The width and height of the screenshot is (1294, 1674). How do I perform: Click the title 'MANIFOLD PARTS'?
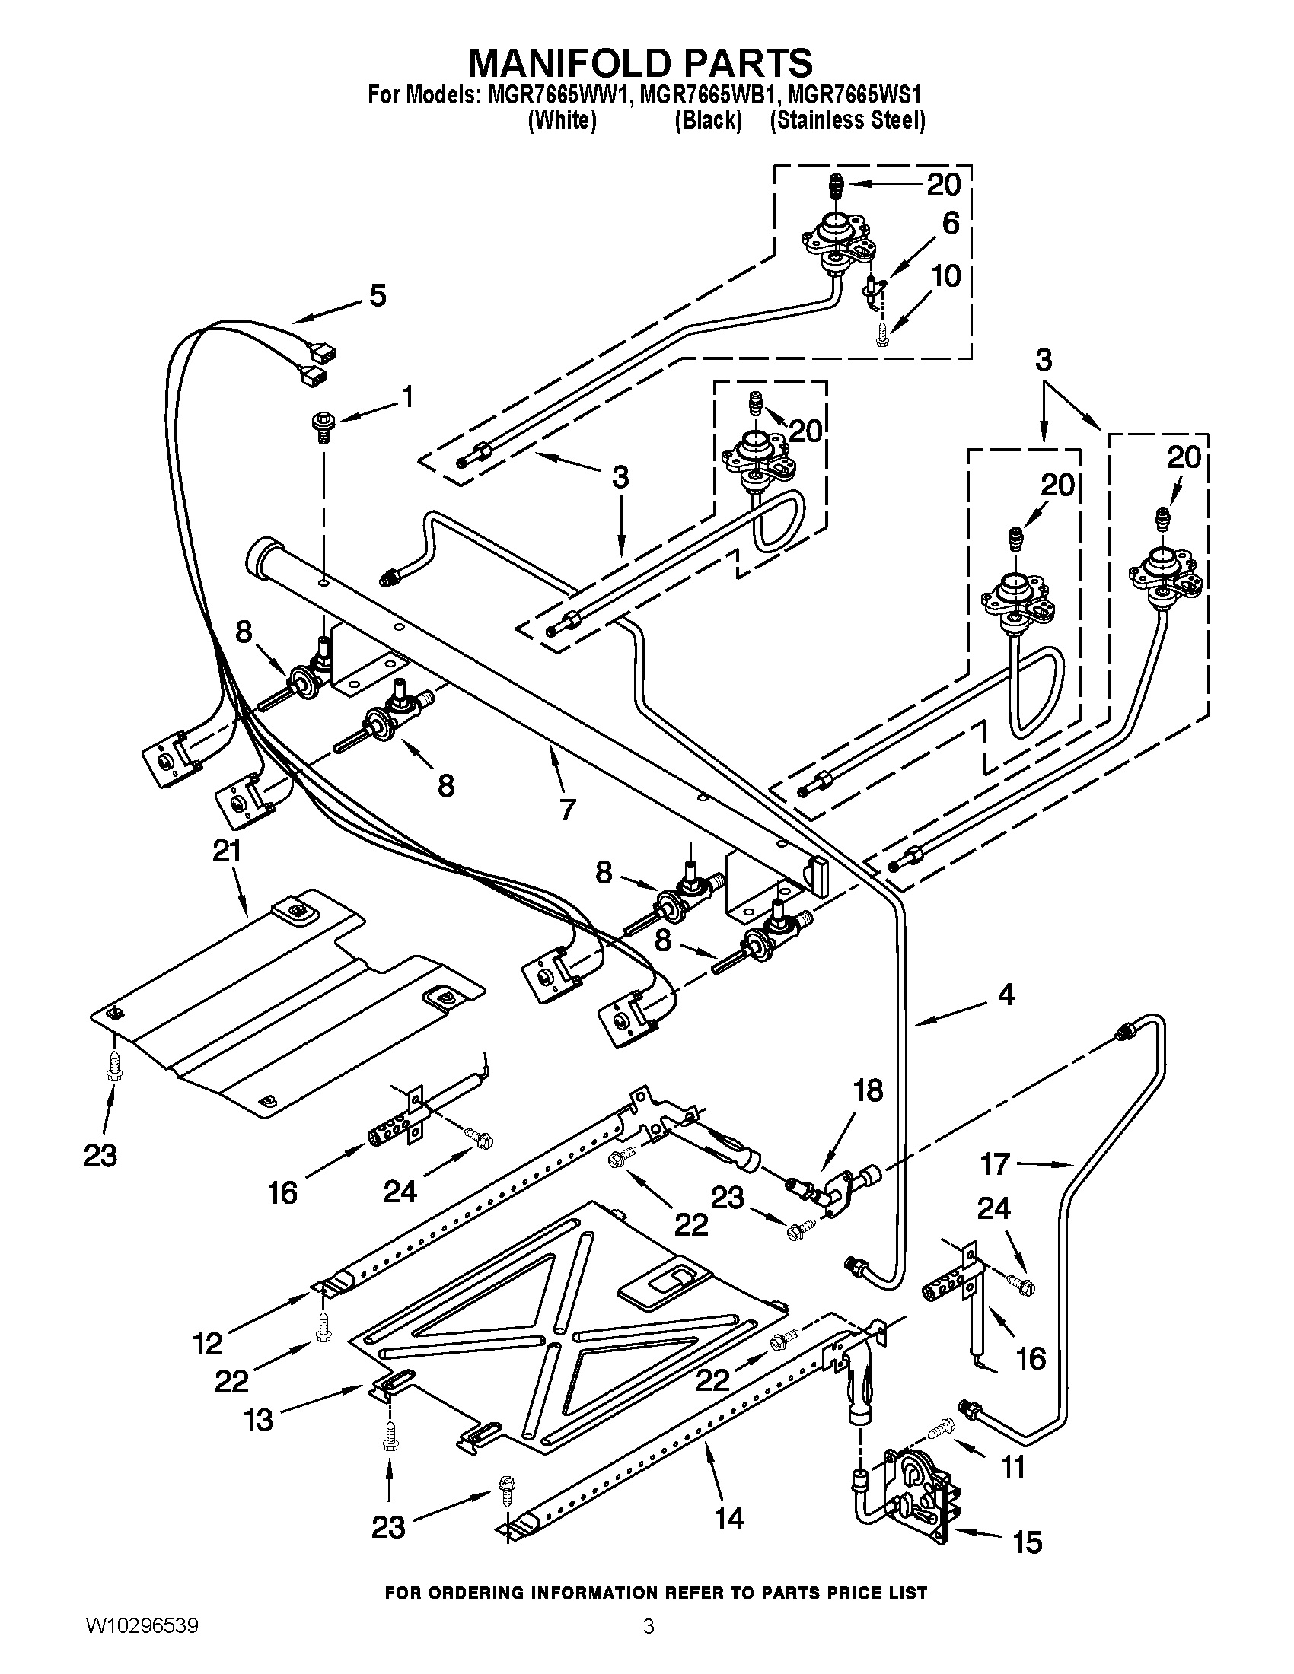(x=640, y=62)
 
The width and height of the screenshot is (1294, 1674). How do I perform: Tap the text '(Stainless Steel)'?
(x=848, y=120)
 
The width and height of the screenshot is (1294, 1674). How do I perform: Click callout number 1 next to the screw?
(x=407, y=396)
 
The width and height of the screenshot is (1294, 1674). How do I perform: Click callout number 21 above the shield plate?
(x=226, y=851)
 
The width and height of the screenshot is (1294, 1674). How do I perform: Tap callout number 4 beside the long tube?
(x=1005, y=995)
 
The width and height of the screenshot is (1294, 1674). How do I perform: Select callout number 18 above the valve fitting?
(x=868, y=1090)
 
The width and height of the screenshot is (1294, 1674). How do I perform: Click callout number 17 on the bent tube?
(x=996, y=1164)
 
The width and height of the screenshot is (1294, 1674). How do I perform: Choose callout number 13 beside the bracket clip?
(x=258, y=1420)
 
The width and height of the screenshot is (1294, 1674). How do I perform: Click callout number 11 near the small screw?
(x=1013, y=1467)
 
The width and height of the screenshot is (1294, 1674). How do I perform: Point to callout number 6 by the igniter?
(x=950, y=223)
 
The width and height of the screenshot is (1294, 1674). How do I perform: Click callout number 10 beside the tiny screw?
(x=947, y=276)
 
